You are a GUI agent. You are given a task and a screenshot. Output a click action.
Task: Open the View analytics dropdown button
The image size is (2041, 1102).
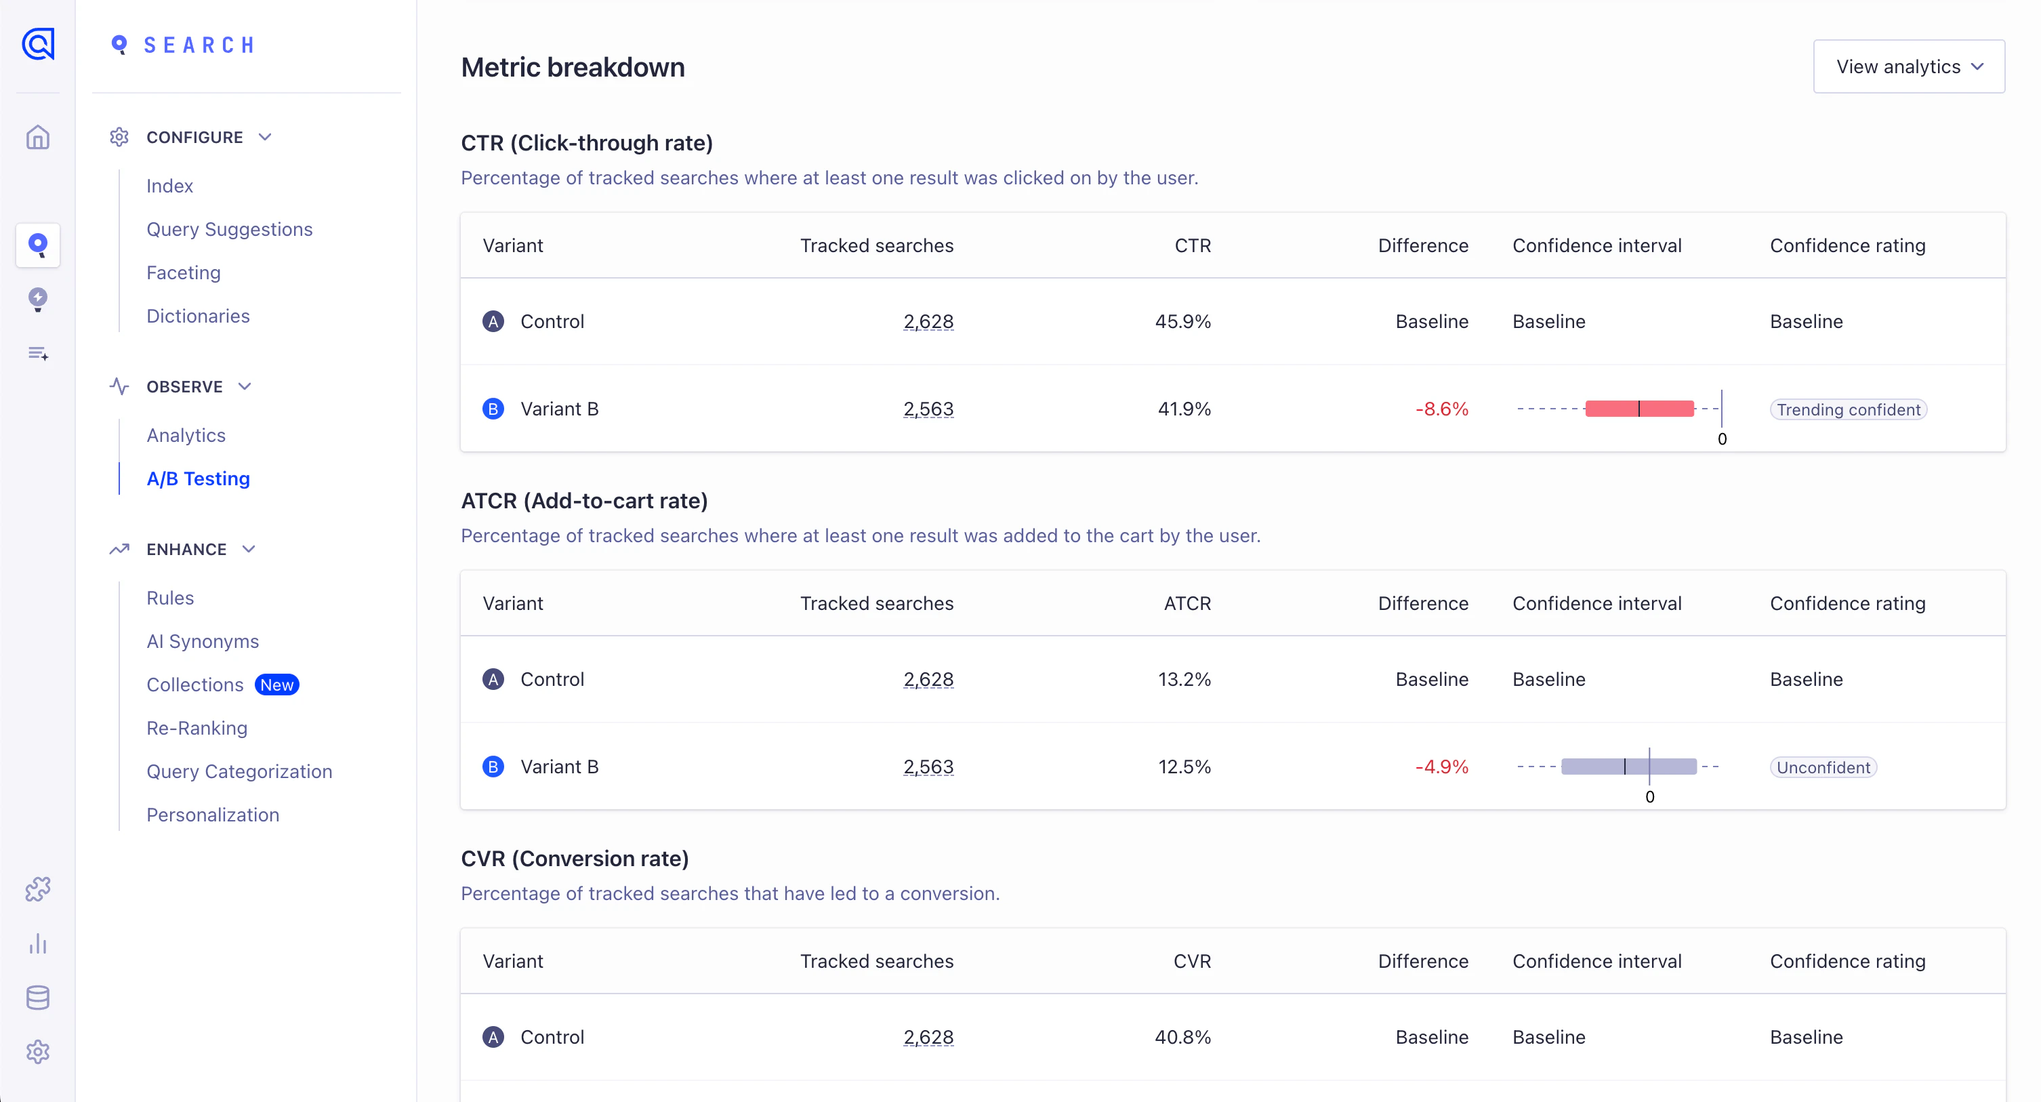[x=1908, y=66]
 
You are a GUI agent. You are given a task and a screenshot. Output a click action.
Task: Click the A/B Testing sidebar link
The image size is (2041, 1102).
[x=198, y=478]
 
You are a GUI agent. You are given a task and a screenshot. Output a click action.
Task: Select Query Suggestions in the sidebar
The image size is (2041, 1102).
[x=229, y=229]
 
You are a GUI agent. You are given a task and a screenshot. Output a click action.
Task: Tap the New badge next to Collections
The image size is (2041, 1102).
[x=276, y=685]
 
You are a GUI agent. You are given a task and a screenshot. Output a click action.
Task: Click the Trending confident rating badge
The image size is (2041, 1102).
[x=1848, y=409]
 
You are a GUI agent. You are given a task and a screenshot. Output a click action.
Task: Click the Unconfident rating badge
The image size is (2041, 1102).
[x=1822, y=767]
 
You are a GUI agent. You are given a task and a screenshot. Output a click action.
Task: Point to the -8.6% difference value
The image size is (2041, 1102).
[x=1441, y=409]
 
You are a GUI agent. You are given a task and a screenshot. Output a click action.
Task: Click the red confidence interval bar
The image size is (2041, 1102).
[x=1638, y=409]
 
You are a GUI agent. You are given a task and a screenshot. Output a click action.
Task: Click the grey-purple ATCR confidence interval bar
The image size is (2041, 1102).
[x=1628, y=766]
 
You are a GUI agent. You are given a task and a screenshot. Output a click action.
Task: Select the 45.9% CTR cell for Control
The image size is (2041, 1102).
[x=1182, y=322]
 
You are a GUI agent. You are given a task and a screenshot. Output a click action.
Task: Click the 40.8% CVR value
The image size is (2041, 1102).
[x=1182, y=1037]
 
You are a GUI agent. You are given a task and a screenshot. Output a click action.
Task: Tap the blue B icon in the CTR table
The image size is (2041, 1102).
[x=493, y=409]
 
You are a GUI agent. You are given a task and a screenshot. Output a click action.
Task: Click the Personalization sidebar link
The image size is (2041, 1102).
[x=212, y=815]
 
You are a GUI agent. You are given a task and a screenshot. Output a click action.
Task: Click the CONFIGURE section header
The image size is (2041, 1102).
[x=194, y=137]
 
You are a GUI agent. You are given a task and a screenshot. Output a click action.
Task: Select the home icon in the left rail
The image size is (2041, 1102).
[x=37, y=137]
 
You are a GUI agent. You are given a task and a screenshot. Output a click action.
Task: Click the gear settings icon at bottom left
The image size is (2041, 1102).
[x=37, y=1051]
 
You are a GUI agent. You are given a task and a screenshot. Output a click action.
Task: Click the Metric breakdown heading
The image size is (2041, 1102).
[x=572, y=67]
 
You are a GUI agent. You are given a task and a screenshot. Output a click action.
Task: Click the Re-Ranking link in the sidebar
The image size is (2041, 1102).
[x=197, y=728]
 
